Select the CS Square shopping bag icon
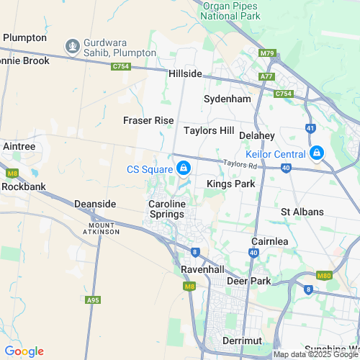(184, 168)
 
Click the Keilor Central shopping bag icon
(316, 153)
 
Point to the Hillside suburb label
(186, 73)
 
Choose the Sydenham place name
(227, 98)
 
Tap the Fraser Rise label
(148, 120)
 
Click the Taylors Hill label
(209, 130)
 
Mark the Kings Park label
(231, 184)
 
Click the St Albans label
(302, 212)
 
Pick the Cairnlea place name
(270, 241)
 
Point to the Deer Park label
(249, 280)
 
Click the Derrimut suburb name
(242, 339)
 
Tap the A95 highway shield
(92, 300)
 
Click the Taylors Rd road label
(240, 165)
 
